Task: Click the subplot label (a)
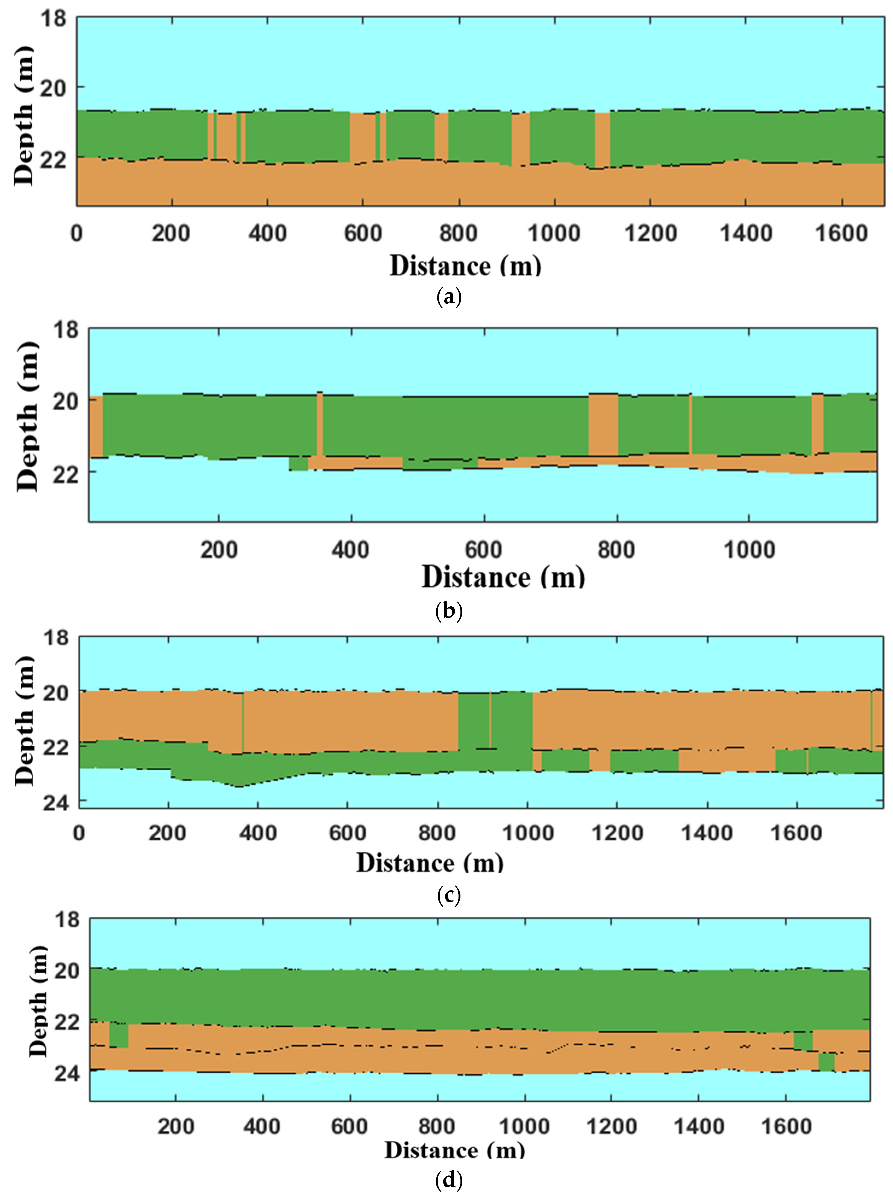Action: coord(448,297)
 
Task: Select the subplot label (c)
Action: coord(448,895)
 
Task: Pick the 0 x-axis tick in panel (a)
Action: coord(77,233)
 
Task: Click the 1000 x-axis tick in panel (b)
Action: coord(749,550)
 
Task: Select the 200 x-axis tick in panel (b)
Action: coord(218,550)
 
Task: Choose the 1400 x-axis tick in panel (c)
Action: coord(707,833)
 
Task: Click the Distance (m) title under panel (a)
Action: coord(465,266)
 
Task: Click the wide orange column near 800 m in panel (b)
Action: coord(603,425)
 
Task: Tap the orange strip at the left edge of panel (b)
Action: coord(96,427)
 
